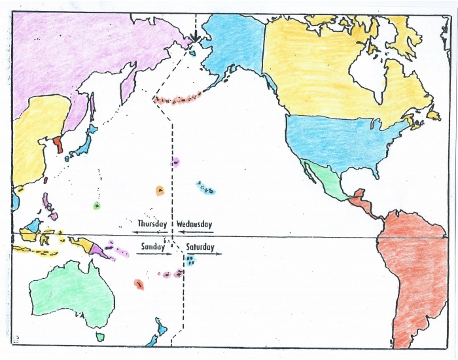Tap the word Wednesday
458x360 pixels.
pos(194,224)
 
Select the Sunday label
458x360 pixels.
pos(153,247)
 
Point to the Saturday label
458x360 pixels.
pos(200,247)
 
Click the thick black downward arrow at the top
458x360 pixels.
pos(194,33)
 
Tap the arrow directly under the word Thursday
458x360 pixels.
pos(150,232)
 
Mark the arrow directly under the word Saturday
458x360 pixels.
pos(204,253)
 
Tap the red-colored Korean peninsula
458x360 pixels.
pos(59,143)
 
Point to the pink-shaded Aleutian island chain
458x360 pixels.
pos(177,99)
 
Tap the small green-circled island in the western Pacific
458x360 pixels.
pos(97,206)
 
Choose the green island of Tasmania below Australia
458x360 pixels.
pos(101,336)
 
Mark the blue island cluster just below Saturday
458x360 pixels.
pos(190,261)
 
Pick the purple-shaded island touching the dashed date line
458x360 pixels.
pos(175,162)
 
